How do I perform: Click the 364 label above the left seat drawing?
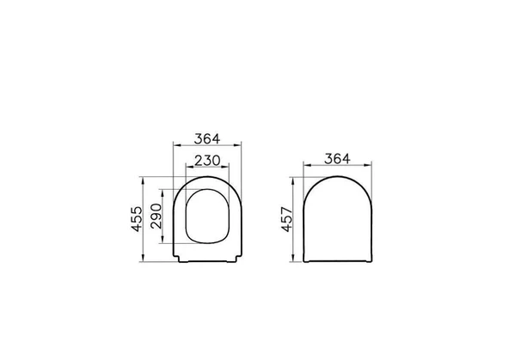pos(206,139)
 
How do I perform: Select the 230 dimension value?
pos(207,161)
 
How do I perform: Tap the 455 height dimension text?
pos(137,219)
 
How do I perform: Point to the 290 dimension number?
pos(156,216)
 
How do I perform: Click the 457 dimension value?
pos(286,220)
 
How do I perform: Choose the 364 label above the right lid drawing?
pos(337,159)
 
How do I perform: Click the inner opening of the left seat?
pos(208,216)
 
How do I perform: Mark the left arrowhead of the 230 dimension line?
pos(188,167)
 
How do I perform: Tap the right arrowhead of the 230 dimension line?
pos(226,167)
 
